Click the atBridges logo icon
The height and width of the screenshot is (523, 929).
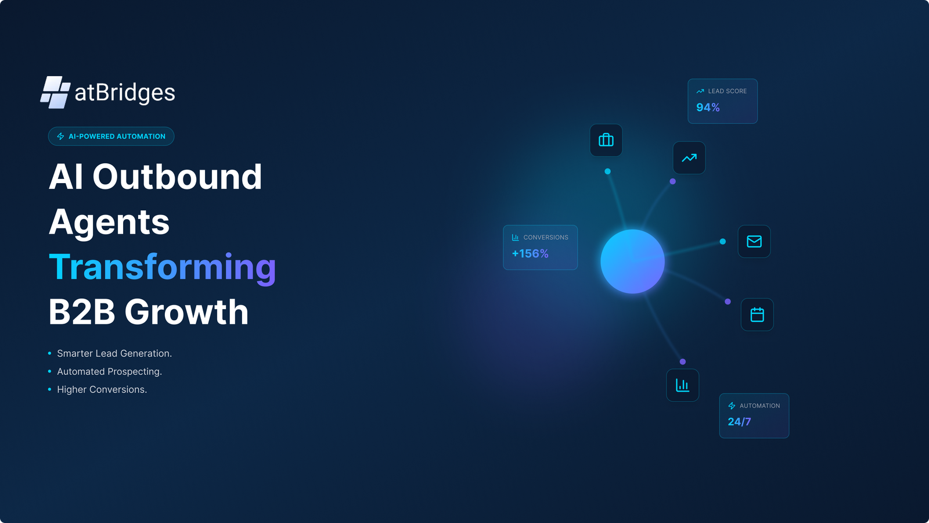pos(55,92)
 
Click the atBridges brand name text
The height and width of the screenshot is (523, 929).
pos(125,92)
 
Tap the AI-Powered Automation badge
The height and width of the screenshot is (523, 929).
pos(111,136)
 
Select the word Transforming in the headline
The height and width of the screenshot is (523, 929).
pos(163,268)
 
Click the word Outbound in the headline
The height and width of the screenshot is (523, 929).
pos(177,177)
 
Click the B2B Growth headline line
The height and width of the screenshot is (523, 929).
pos(149,311)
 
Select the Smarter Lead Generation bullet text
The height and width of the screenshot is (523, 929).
pos(114,353)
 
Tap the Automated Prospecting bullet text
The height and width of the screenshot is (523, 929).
pos(110,371)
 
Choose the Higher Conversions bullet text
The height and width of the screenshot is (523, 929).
pos(102,389)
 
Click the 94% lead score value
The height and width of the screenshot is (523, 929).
pos(708,108)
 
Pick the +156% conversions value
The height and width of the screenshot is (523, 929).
pos(530,253)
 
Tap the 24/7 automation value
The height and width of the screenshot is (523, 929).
pos(739,422)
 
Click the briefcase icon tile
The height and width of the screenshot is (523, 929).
pos(606,140)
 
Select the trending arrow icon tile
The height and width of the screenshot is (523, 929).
pos(689,157)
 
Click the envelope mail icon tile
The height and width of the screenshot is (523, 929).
pos(754,242)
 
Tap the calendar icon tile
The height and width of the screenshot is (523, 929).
pos(757,314)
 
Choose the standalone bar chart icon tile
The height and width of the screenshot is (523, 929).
pos(682,385)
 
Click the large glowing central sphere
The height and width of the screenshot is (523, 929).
pos(632,261)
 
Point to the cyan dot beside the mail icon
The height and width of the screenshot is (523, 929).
pos(722,242)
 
